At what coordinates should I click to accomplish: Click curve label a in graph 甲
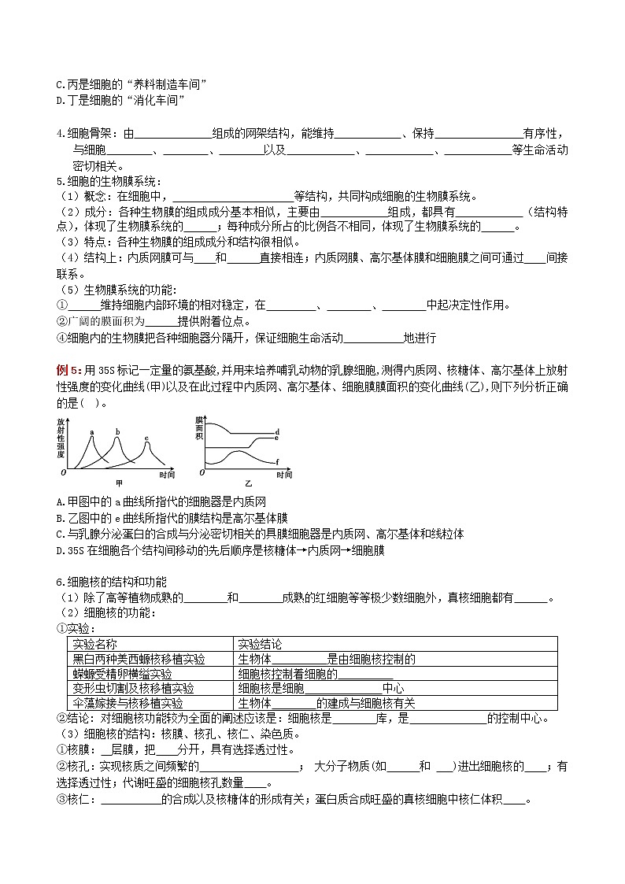pos(92,431)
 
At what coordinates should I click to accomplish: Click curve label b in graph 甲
pos(117,431)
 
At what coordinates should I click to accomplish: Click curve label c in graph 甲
pos(146,438)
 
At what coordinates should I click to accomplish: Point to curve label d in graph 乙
pos(278,432)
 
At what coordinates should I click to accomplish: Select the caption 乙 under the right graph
pos(247,481)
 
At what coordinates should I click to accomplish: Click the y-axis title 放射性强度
pos(61,438)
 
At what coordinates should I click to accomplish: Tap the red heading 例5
pos(68,370)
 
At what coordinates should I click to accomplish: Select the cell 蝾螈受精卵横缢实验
pos(123,674)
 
